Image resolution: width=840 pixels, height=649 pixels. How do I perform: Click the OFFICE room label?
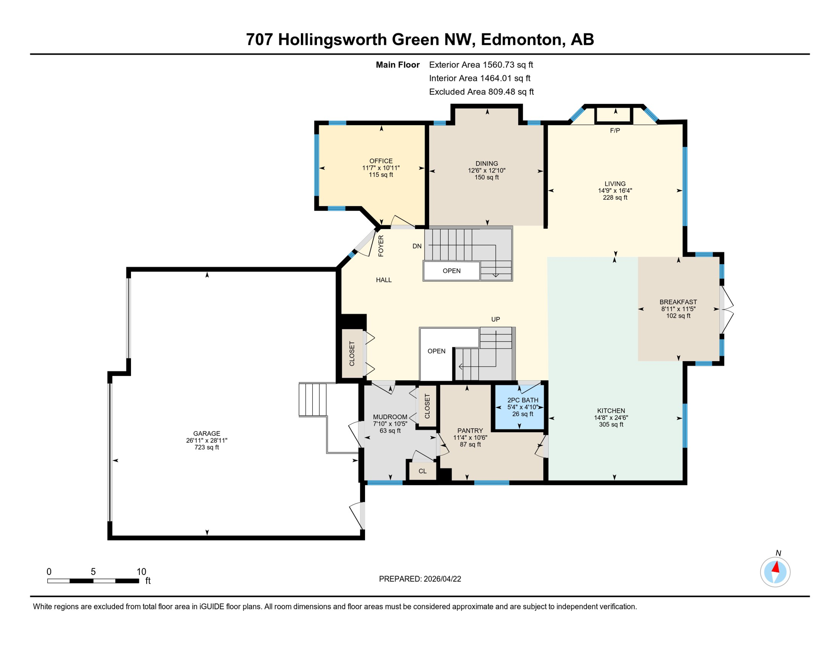(x=381, y=161)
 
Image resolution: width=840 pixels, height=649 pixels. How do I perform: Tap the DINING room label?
(x=486, y=164)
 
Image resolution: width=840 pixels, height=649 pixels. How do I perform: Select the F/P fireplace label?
(x=615, y=131)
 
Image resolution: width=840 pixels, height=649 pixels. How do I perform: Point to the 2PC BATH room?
(x=522, y=407)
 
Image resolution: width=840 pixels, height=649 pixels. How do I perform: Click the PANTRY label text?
(x=470, y=431)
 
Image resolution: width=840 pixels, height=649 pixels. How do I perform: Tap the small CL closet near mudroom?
(x=422, y=471)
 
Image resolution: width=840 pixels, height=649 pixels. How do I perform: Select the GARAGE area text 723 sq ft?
(x=207, y=447)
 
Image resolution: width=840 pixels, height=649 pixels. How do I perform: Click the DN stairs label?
(x=417, y=246)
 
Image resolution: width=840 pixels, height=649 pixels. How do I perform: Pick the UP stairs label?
(x=495, y=319)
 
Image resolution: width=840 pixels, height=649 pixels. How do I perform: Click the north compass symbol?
(x=775, y=572)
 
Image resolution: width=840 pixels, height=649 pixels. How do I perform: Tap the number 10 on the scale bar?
(x=141, y=572)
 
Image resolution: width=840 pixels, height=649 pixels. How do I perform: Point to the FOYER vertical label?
(x=381, y=246)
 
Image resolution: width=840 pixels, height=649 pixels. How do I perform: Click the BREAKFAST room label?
(x=678, y=302)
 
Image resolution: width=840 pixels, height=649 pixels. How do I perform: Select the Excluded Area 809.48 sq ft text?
(x=481, y=92)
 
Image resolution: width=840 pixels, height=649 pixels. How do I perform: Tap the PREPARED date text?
(x=420, y=579)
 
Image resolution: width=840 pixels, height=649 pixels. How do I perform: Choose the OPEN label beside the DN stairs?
(x=451, y=271)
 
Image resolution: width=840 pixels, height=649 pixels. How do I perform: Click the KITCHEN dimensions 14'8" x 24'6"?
(x=611, y=417)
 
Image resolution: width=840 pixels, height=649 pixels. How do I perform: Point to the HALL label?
(x=384, y=280)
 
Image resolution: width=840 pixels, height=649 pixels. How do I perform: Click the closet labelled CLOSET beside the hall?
(x=352, y=354)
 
